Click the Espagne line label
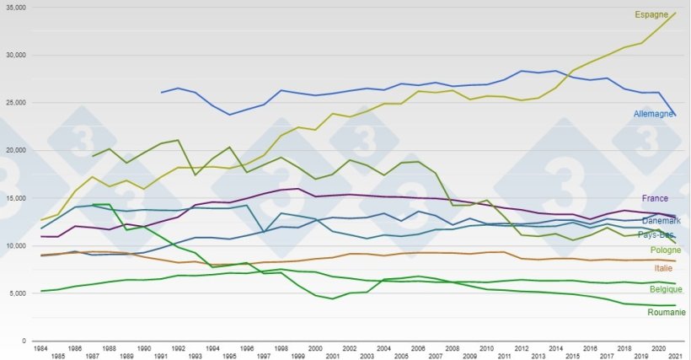[x=651, y=15]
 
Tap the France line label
[x=655, y=199]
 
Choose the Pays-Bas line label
[x=660, y=234]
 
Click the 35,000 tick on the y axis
[x=16, y=8]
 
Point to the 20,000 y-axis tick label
[x=16, y=150]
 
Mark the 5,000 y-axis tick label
[x=18, y=293]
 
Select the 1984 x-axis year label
[x=40, y=347]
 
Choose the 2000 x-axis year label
[x=315, y=347]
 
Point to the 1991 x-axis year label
[x=161, y=356]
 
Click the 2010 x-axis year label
[x=486, y=347]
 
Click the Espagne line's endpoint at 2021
[x=676, y=13]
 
